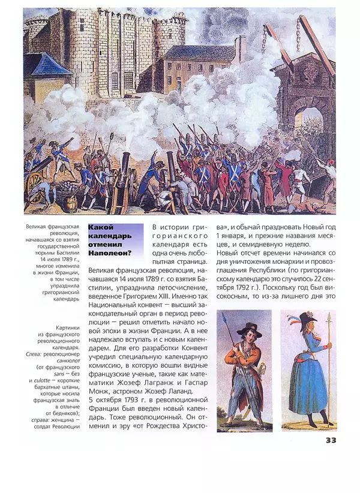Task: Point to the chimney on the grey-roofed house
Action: pos(240,48)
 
